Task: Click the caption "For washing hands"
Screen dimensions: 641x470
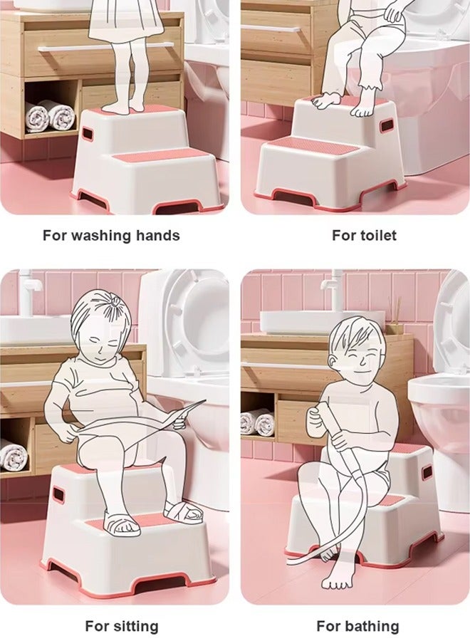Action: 111,235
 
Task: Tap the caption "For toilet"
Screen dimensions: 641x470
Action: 364,235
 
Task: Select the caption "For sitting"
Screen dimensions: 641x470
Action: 121,626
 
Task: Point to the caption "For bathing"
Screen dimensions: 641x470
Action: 357,626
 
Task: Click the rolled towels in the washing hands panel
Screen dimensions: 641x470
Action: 50,115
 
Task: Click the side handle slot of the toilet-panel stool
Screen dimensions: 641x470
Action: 386,125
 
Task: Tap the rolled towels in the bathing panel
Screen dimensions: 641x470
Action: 257,423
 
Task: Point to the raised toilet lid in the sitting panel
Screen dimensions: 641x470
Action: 189,320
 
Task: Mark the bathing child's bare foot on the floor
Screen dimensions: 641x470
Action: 335,581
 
